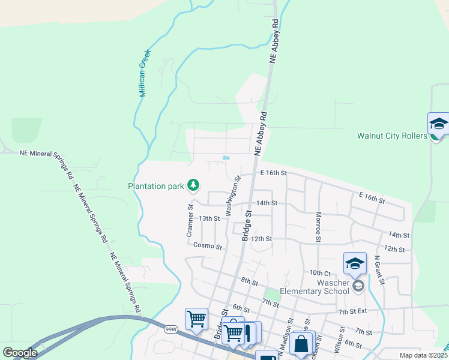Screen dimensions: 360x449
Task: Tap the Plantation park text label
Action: [x=155, y=186]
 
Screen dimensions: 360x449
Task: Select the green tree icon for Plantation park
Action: [x=193, y=185]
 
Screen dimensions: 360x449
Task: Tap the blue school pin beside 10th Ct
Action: [x=355, y=263]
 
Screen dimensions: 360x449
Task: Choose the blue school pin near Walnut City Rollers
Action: [x=438, y=124]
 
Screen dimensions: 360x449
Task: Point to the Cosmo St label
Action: [x=208, y=246]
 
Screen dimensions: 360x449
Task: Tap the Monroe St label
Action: [x=319, y=227]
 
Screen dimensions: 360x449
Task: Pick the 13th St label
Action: [x=209, y=218]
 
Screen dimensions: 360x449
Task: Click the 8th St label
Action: [x=249, y=281]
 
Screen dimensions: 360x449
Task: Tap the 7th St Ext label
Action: [x=352, y=311]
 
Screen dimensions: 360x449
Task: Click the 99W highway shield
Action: [x=171, y=329]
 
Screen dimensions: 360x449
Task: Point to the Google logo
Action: [x=20, y=353]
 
